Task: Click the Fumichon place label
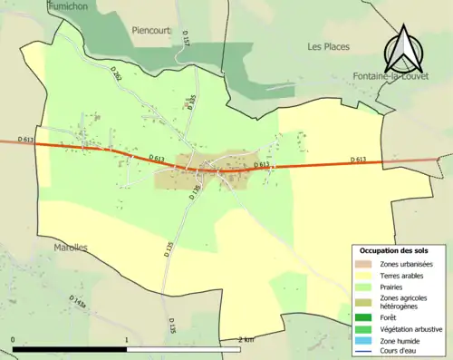(69, 5)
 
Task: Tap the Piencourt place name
(151, 28)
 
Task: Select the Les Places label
(327, 46)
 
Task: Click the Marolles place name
(70, 247)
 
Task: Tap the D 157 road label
(184, 41)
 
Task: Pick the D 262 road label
(117, 77)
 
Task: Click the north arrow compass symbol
(405, 50)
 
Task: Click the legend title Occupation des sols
(394, 250)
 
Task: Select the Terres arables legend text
(407, 275)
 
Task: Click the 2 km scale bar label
(246, 339)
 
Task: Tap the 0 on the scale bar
(13, 339)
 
